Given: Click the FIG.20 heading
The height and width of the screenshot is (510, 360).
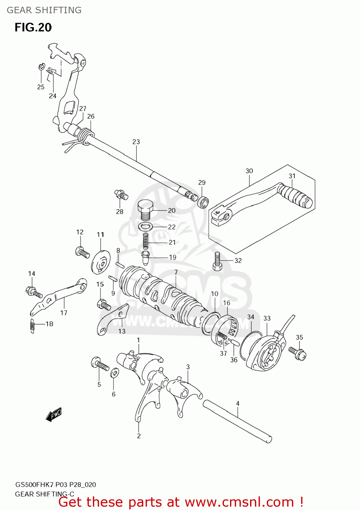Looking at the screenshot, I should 33,28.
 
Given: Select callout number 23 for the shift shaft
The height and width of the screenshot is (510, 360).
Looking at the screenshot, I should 136,142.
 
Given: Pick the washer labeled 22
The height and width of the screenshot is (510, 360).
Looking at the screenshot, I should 146,226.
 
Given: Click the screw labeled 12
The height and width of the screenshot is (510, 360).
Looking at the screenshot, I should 82,252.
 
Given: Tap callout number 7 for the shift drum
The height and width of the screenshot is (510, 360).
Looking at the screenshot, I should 176,272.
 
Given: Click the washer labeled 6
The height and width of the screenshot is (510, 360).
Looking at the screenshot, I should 115,373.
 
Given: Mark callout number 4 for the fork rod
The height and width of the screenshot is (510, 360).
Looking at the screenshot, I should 238,404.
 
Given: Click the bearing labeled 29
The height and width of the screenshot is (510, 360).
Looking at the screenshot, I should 203,202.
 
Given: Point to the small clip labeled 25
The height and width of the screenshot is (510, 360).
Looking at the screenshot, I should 41,66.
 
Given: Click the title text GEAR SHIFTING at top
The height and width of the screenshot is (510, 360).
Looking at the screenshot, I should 44,10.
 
